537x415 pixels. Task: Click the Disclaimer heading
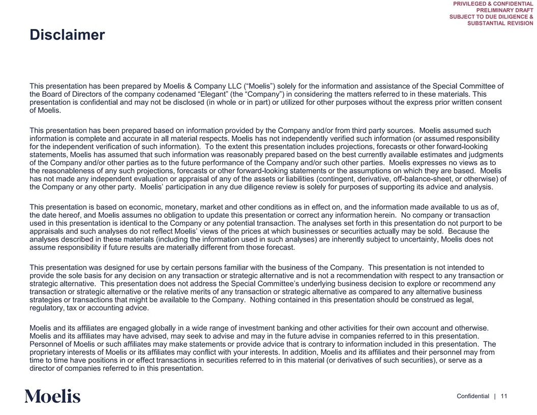click(x=67, y=35)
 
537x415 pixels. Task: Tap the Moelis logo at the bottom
click(x=52, y=396)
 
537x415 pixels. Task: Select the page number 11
click(x=504, y=396)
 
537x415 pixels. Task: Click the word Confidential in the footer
click(x=472, y=396)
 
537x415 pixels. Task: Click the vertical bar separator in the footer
click(x=495, y=396)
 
